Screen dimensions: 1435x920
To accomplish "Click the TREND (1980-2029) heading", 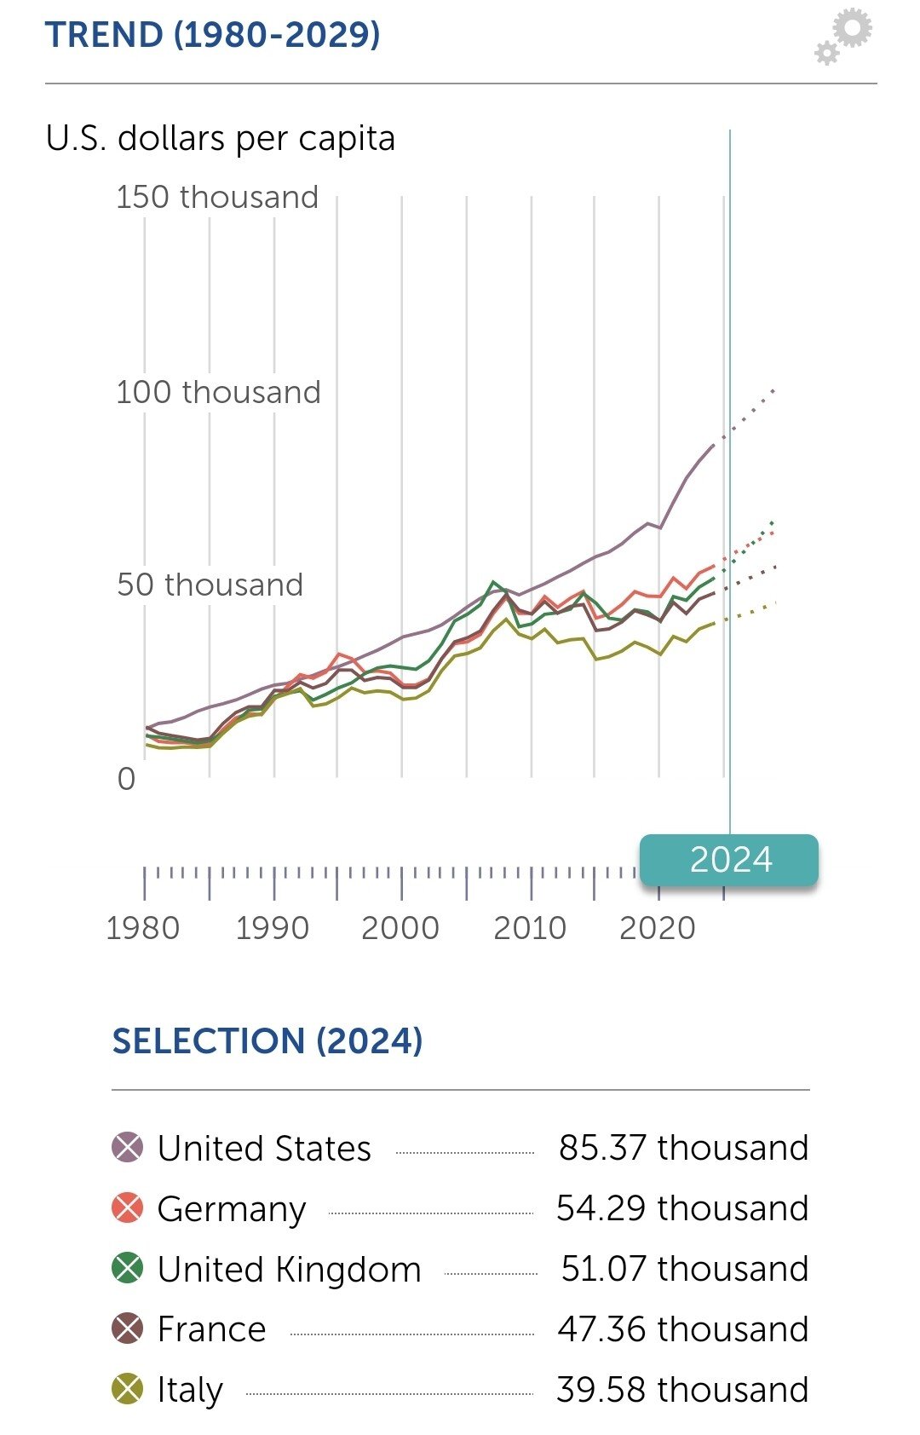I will pyautogui.click(x=212, y=35).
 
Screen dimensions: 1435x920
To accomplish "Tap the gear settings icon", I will pyautogui.click(x=844, y=37).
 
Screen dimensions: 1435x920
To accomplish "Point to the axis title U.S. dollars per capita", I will pyautogui.click(x=221, y=138).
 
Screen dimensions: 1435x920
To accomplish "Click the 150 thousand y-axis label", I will pyautogui.click(x=217, y=197).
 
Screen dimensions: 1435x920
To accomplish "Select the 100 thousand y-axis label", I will pyautogui.click(x=218, y=392).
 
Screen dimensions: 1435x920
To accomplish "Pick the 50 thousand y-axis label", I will pyautogui.click(x=210, y=585).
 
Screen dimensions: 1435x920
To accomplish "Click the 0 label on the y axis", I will pyautogui.click(x=126, y=779).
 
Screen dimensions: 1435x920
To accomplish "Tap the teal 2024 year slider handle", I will pyautogui.click(x=729, y=860).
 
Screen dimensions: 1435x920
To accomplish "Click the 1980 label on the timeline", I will pyautogui.click(x=143, y=928).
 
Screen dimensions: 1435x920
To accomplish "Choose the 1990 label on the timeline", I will pyautogui.click(x=273, y=928).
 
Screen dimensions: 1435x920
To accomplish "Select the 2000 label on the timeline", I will pyautogui.click(x=400, y=928).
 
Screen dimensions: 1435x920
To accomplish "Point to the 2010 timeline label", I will pyautogui.click(x=530, y=928).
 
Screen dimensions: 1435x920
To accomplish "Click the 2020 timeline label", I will pyautogui.click(x=658, y=928).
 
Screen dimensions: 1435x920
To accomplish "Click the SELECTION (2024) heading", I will pyautogui.click(x=267, y=1041).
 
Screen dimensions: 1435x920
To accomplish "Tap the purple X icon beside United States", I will pyautogui.click(x=128, y=1148).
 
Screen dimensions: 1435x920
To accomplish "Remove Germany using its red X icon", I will pyautogui.click(x=128, y=1208).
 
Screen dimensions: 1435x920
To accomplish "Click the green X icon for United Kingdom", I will pyautogui.click(x=128, y=1269).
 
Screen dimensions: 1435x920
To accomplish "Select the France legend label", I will pyautogui.click(x=212, y=1329).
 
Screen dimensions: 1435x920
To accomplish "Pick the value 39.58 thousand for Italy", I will pyautogui.click(x=682, y=1390).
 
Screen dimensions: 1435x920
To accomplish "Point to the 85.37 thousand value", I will pyautogui.click(x=683, y=1148).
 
